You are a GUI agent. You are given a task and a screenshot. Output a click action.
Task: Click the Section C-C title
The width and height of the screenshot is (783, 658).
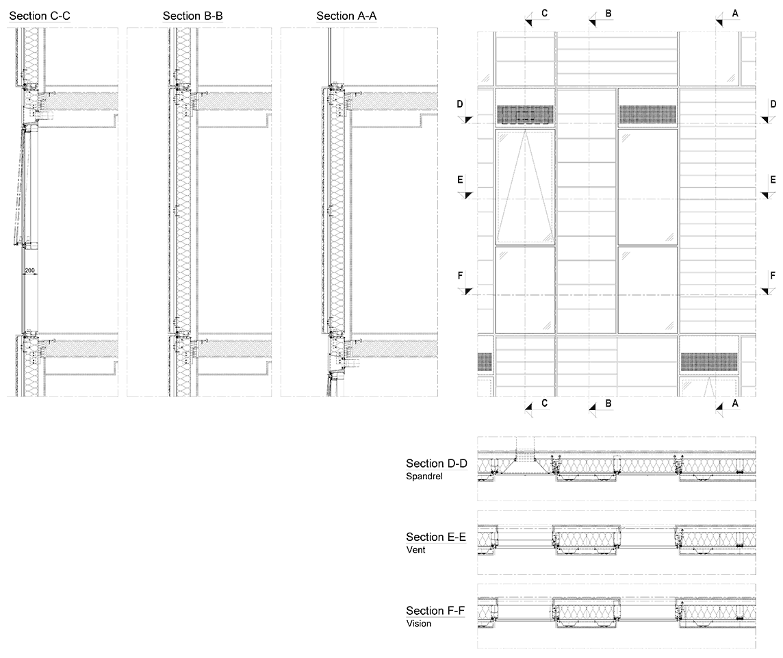pyautogui.click(x=40, y=16)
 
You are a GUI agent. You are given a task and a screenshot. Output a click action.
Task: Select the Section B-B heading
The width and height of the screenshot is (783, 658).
pyautogui.click(x=193, y=16)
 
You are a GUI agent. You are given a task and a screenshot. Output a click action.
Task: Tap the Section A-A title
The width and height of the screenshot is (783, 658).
pyautogui.click(x=346, y=16)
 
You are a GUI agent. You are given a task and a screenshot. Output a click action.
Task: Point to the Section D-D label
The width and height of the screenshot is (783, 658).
pyautogui.click(x=437, y=464)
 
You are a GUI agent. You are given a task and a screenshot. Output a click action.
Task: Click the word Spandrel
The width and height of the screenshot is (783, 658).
pyautogui.click(x=424, y=477)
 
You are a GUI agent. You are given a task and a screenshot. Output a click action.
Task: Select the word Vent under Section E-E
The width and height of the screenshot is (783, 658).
pyautogui.click(x=416, y=550)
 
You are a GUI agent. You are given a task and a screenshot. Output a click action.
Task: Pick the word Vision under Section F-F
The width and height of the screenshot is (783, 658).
pyautogui.click(x=418, y=624)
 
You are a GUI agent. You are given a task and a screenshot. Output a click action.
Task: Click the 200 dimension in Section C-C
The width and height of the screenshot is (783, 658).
pyautogui.click(x=30, y=270)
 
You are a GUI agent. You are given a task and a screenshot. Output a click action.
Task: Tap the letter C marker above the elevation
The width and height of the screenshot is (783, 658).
pyautogui.click(x=544, y=14)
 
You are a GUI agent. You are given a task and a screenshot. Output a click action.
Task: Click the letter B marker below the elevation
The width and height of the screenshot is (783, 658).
pyautogui.click(x=608, y=403)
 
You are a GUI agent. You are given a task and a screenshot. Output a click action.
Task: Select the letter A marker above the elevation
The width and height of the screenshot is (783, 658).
pyautogui.click(x=735, y=14)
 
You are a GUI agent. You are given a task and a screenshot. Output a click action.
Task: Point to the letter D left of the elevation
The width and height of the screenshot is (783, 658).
pyautogui.click(x=460, y=104)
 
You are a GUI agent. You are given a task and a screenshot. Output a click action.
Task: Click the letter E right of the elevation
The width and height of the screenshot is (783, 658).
pyautogui.click(x=773, y=180)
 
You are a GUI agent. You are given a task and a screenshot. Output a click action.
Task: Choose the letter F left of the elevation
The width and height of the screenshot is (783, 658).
pyautogui.click(x=460, y=275)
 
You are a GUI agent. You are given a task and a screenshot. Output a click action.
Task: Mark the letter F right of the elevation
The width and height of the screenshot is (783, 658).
pyautogui.click(x=773, y=275)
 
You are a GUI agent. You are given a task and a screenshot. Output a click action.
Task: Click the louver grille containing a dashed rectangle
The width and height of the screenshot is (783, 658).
pyautogui.click(x=525, y=115)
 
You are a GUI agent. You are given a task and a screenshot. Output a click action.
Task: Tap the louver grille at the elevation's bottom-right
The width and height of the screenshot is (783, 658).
pyautogui.click(x=709, y=362)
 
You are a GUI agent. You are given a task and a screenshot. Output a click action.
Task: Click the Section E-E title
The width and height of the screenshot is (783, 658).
pyautogui.click(x=436, y=537)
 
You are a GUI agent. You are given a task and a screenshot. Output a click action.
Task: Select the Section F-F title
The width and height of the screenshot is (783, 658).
pyautogui.click(x=435, y=611)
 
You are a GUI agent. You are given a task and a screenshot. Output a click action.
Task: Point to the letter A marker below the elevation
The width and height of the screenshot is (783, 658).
pyautogui.click(x=735, y=403)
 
